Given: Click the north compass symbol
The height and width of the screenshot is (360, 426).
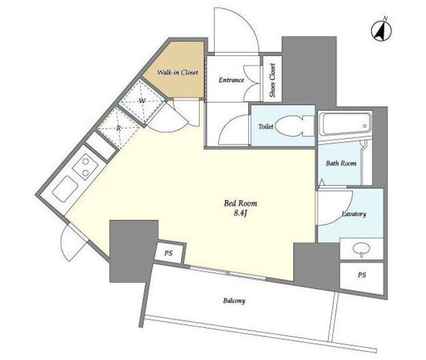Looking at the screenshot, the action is point(381,29).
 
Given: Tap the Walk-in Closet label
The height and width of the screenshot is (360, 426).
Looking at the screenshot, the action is point(178,73).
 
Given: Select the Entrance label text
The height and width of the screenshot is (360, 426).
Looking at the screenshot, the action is point(232,80).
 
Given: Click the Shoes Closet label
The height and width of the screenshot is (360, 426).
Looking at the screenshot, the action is point(272,81).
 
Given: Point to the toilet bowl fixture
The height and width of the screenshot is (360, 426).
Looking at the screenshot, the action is point(294,126).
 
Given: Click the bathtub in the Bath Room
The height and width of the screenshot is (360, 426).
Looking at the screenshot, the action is point(345,124).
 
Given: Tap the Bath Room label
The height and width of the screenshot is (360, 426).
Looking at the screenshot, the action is point(341,163).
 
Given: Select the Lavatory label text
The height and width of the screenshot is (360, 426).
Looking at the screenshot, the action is point(353,214).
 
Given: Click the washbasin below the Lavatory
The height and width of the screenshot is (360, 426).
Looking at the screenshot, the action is point(361,249).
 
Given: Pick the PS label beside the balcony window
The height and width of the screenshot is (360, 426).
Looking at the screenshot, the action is point(168,254).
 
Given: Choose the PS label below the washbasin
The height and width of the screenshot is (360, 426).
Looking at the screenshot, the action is point(361,275).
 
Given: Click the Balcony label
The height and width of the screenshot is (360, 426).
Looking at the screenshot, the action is point(234,301).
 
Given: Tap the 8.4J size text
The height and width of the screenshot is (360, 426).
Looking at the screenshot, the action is point(240,214).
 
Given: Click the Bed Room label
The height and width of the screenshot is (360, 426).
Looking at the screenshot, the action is point(240,203).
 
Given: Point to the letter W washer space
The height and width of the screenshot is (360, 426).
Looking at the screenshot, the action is point(142,101).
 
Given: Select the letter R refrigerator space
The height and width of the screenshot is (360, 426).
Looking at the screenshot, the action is point(118,128).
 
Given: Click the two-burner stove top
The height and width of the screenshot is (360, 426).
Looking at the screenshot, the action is point(85,167).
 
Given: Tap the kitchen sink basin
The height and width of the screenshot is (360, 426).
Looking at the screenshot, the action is point(65,189).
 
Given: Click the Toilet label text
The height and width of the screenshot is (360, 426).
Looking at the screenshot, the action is point(266,126).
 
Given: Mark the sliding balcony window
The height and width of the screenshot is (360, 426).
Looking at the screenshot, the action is point(228,273).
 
